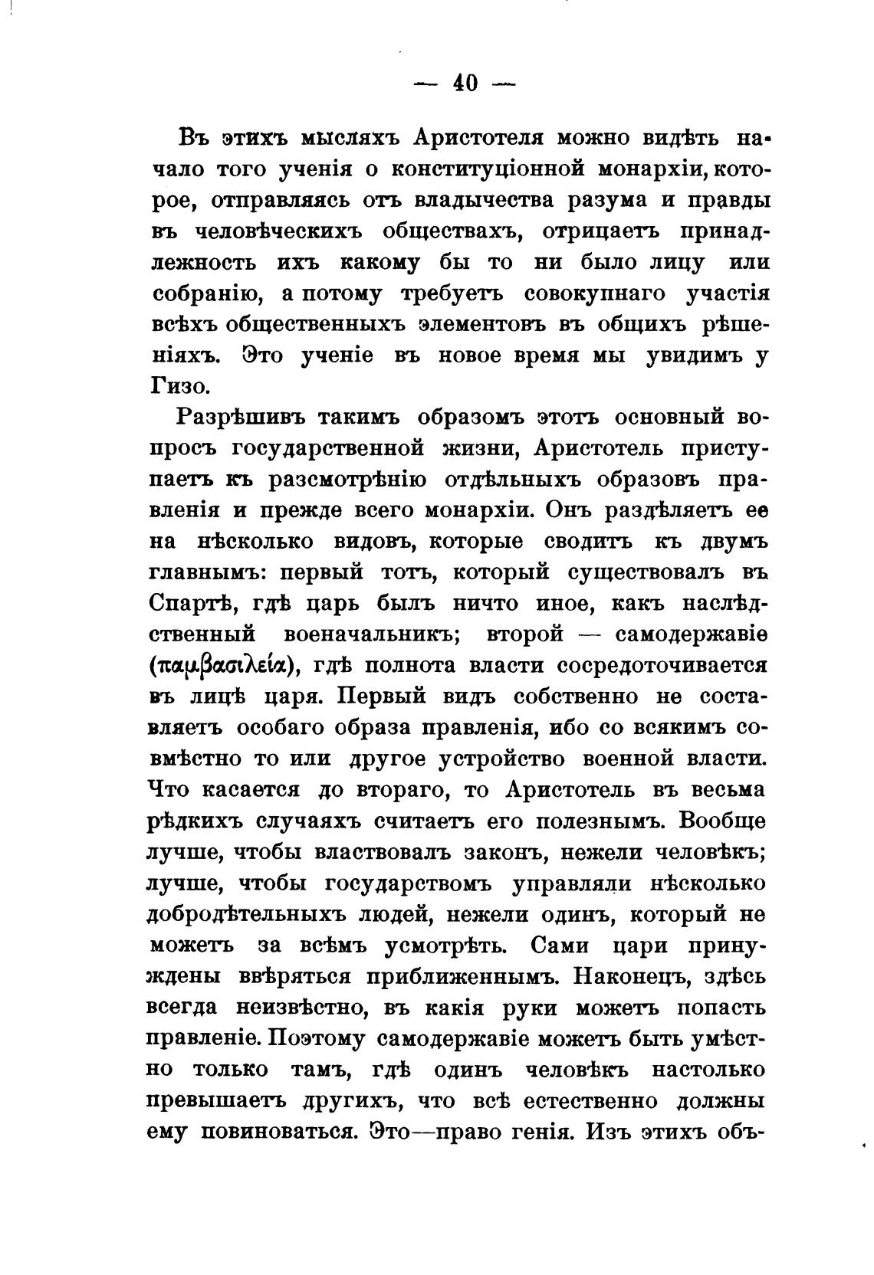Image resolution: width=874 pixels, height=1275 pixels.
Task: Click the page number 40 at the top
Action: [465, 83]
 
